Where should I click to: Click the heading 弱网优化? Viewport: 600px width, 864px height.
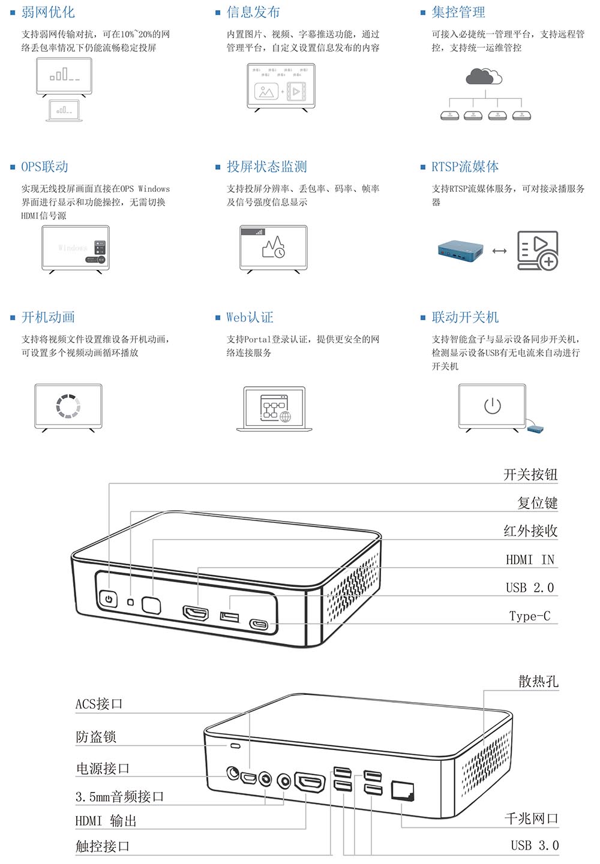click(x=48, y=12)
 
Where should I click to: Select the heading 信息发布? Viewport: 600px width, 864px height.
click(x=253, y=12)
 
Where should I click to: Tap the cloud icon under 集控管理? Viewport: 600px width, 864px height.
click(x=483, y=76)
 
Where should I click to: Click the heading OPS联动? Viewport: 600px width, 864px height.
click(x=44, y=167)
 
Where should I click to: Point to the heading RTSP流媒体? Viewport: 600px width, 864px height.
click(x=465, y=167)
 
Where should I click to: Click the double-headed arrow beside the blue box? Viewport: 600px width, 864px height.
click(x=499, y=251)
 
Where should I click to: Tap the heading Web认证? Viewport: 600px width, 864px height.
click(x=250, y=317)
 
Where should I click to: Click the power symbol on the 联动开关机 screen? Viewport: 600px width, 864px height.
click(x=492, y=406)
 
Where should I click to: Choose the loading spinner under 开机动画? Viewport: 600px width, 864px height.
click(x=68, y=406)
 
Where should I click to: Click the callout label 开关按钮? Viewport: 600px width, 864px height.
click(x=530, y=475)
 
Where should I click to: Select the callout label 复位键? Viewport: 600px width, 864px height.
click(x=538, y=503)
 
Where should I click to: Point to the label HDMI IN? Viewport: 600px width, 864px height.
click(x=530, y=559)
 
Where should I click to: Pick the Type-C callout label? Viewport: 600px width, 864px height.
click(x=529, y=616)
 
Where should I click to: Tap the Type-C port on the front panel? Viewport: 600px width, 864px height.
click(x=260, y=624)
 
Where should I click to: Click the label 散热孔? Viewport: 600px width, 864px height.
click(x=538, y=681)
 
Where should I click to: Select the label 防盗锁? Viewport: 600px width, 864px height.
click(x=96, y=737)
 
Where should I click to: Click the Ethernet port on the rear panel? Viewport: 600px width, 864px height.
click(x=402, y=791)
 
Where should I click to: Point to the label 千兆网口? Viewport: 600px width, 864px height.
click(x=531, y=818)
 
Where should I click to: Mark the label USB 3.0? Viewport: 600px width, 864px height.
click(x=534, y=845)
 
